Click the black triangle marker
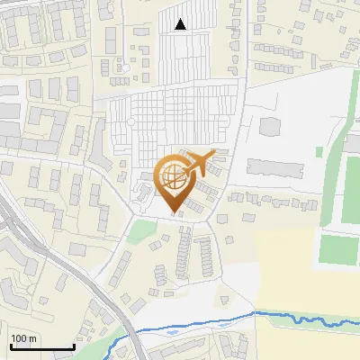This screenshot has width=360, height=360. [x=181, y=24]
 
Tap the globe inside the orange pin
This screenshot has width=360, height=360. [x=175, y=176]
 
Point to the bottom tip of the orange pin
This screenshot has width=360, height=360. [x=175, y=215]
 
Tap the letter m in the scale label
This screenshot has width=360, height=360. [x=33, y=338]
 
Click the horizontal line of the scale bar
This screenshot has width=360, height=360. [x=41, y=347]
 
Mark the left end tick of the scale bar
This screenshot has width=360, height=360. [x=10, y=346]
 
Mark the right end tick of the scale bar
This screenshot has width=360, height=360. [x=74, y=346]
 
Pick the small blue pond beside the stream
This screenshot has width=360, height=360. [x=170, y=332]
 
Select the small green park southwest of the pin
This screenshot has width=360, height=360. [x=139, y=231]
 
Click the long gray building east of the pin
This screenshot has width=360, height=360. [x=275, y=167]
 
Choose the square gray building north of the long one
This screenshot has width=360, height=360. [x=271, y=126]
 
